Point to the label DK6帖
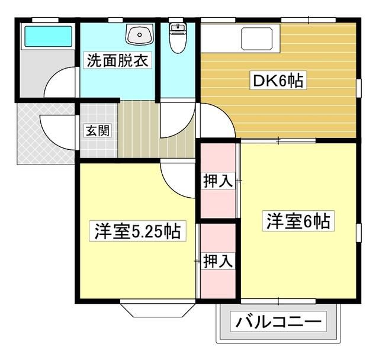[279, 81]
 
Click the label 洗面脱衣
[118, 60]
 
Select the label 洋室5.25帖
[137, 230]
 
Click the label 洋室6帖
[297, 221]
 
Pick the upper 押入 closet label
[218, 182]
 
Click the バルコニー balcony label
[280, 323]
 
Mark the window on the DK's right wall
[359, 86]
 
